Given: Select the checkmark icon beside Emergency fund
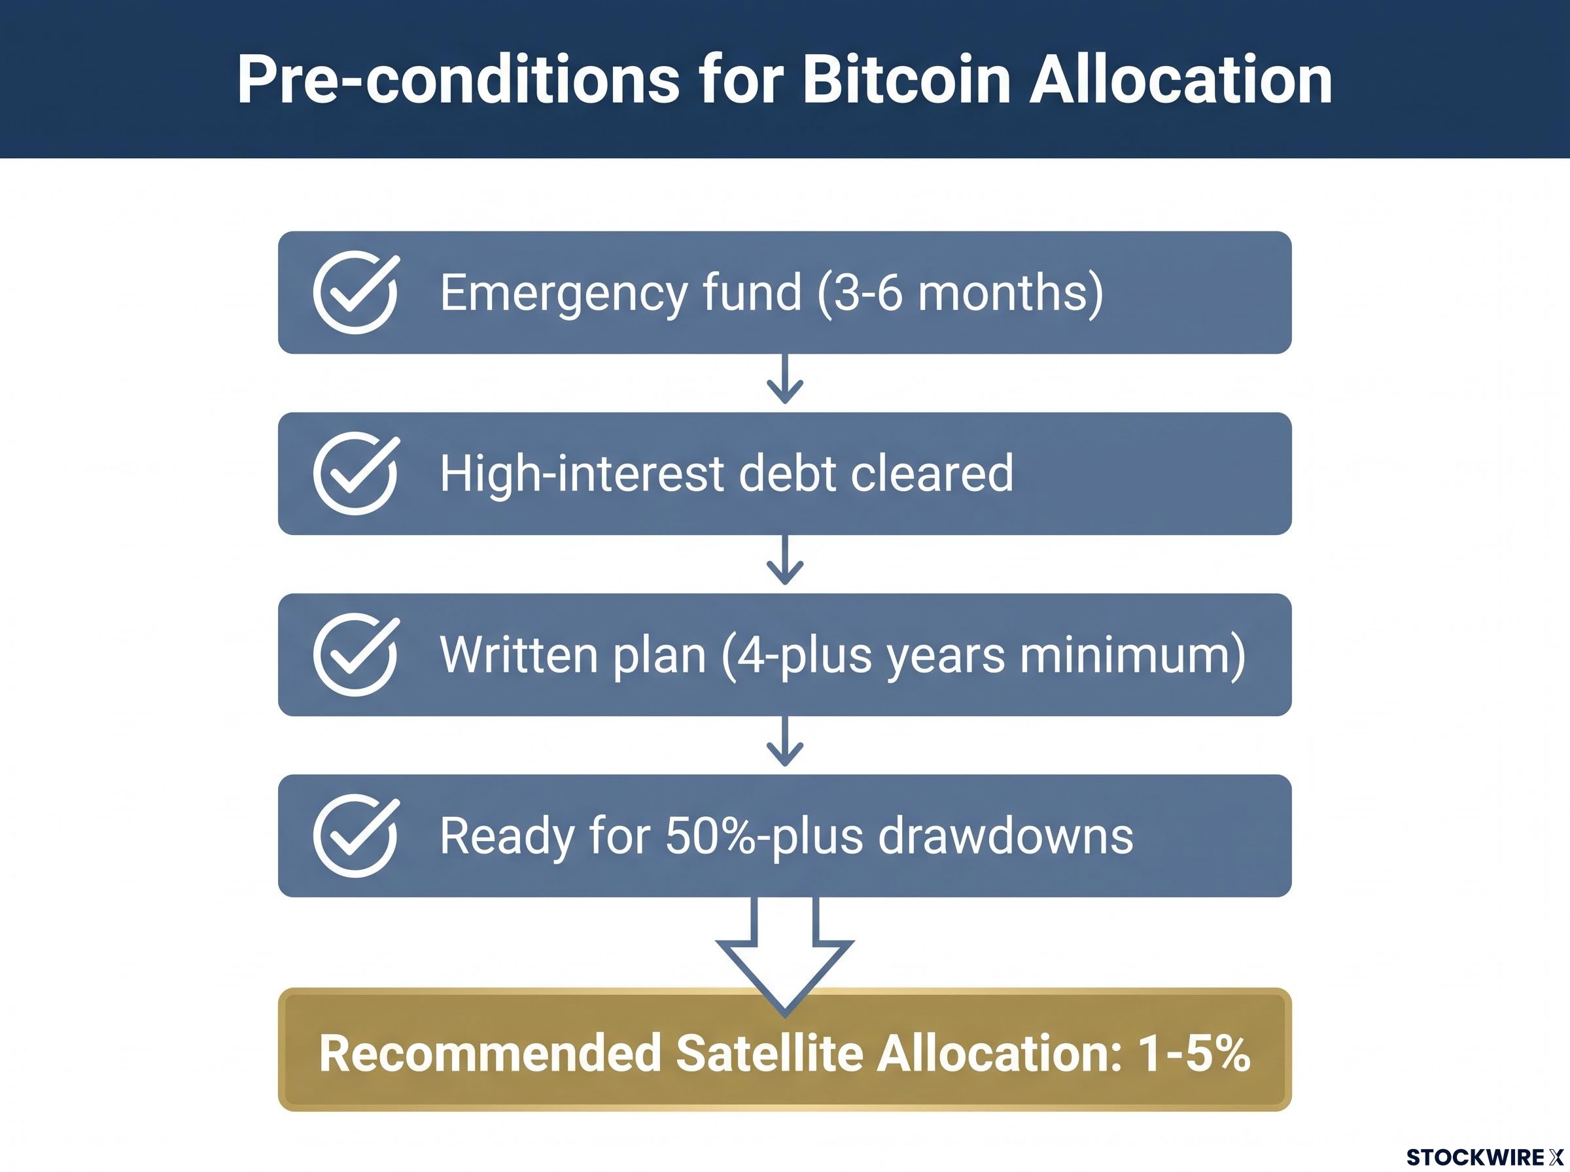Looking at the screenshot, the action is coord(356,292).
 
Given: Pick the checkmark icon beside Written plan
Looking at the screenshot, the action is coord(356,654).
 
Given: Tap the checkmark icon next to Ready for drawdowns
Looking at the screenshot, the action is coord(356,835).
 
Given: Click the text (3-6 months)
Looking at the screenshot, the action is coord(960,292).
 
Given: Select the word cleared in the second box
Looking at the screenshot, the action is coord(932,474).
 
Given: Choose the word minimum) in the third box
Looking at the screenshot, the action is coord(1132,655).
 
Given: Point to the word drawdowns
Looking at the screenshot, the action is coord(1005,835).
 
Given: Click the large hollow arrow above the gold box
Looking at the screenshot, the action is coord(784,954).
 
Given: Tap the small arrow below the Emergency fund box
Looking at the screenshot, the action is coord(784,379).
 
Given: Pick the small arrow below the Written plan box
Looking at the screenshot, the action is coord(784,742).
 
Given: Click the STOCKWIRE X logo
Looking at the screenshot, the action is coord(1485,1157).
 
